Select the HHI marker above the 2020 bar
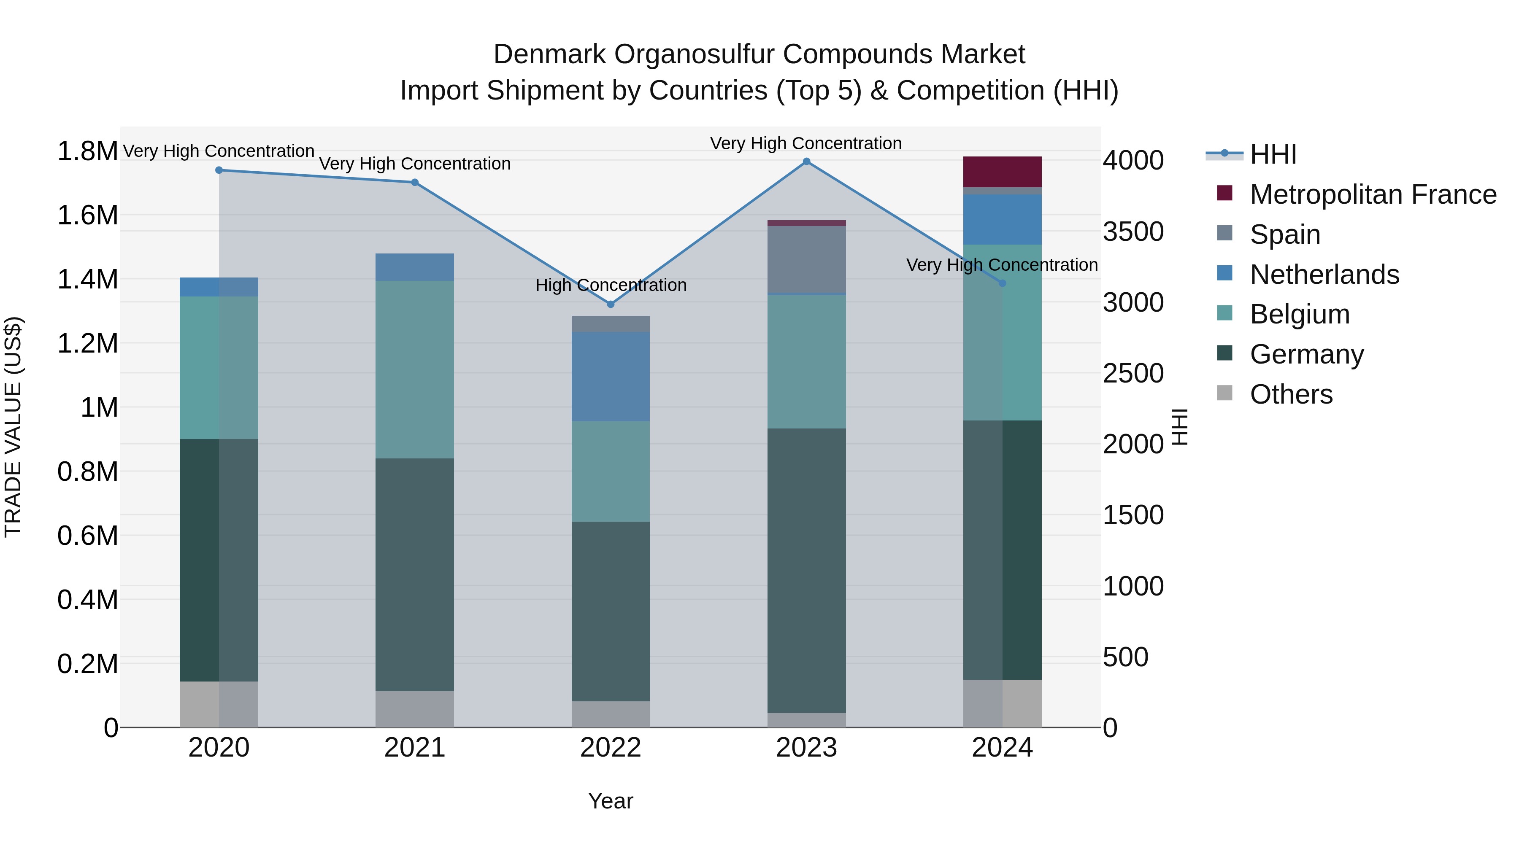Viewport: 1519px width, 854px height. pyautogui.click(x=219, y=170)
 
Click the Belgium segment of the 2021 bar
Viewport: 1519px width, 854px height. pyautogui.click(x=414, y=369)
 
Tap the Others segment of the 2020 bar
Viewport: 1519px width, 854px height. pyautogui.click(x=219, y=704)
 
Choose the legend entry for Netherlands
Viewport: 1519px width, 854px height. pyautogui.click(x=1324, y=275)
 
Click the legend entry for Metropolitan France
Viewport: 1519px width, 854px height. pyautogui.click(x=1372, y=194)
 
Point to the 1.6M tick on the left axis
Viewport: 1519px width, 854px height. pyautogui.click(x=87, y=215)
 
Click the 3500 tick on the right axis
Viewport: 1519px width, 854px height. pyautogui.click(x=1133, y=232)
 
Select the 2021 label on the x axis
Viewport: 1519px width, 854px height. pyautogui.click(x=414, y=748)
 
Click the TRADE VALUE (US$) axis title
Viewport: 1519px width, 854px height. pyautogui.click(x=13, y=427)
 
